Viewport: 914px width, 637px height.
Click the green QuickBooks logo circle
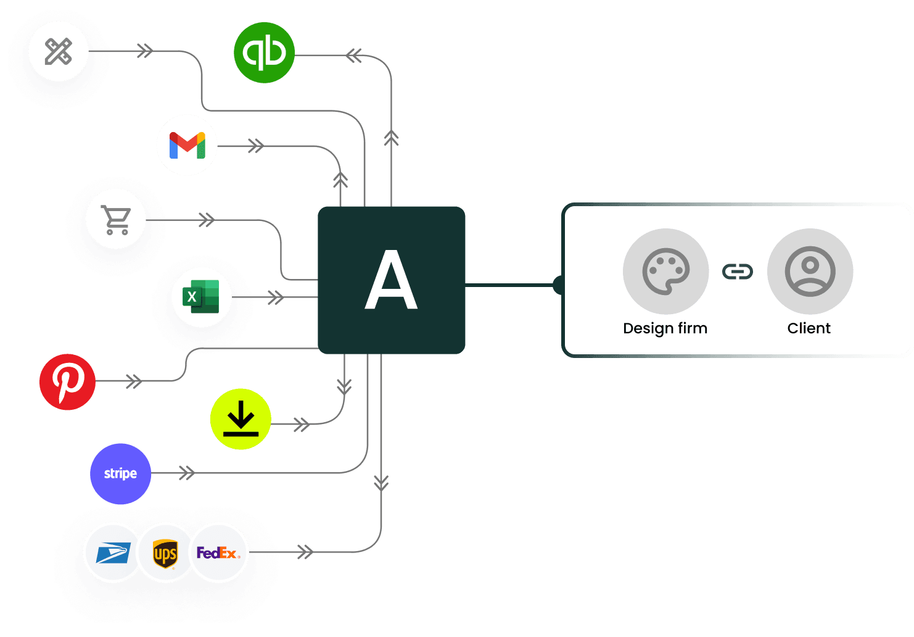click(264, 52)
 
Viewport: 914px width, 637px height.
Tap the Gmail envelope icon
click(187, 146)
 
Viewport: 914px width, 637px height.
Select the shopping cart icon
click(116, 219)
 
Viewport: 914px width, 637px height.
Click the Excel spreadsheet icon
click(201, 297)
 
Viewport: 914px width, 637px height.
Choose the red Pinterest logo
click(67, 381)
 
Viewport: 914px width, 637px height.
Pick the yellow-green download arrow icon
click(241, 418)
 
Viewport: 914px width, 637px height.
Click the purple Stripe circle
click(120, 473)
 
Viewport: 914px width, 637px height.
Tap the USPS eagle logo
click(113, 553)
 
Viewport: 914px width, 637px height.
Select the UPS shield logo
click(165, 553)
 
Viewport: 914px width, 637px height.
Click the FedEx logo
click(218, 553)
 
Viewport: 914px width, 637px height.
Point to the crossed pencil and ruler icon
click(59, 51)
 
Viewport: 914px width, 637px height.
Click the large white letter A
click(391, 281)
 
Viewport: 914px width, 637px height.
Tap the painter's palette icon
click(665, 272)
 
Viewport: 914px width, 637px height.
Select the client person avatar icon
click(810, 272)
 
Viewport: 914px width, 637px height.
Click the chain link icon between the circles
click(738, 272)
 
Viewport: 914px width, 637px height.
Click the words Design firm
click(665, 328)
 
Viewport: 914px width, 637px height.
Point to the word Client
click(809, 328)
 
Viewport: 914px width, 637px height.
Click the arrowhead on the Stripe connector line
click(186, 473)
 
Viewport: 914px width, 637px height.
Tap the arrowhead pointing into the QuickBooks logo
click(353, 56)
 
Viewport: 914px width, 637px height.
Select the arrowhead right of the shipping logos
click(305, 552)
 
